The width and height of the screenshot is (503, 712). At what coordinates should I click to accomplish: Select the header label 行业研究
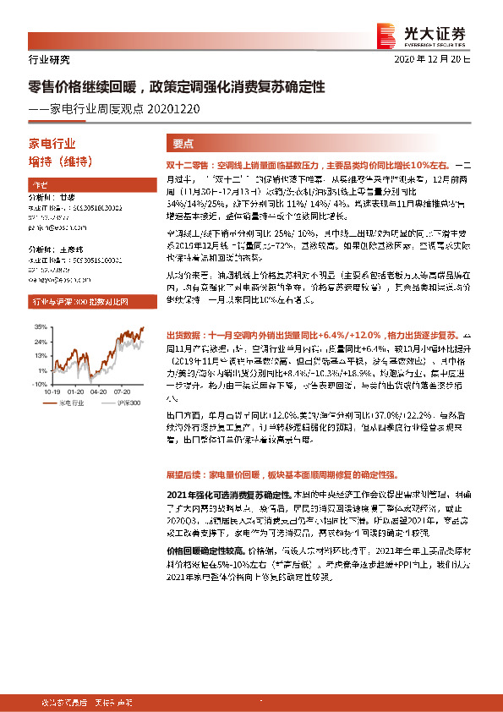45,59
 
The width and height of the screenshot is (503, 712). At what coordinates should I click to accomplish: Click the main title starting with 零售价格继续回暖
177,86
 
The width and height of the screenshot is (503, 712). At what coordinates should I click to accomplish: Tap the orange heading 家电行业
52,143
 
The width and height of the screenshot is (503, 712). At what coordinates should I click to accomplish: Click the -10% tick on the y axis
39,383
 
